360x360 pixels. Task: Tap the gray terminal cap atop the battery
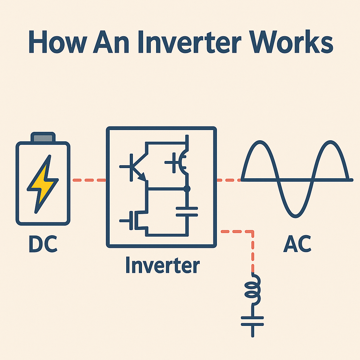tap(43, 137)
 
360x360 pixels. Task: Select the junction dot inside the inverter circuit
tap(187, 189)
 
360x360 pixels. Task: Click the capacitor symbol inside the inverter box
tap(187, 211)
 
